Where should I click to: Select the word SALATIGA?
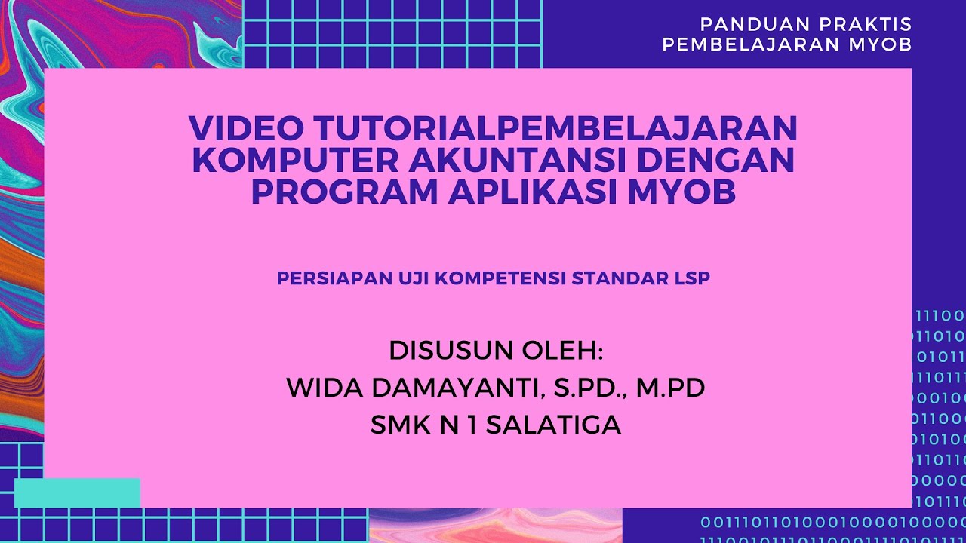click(x=553, y=425)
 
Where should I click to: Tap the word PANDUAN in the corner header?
click(x=748, y=24)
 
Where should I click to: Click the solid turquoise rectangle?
click(x=77, y=492)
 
